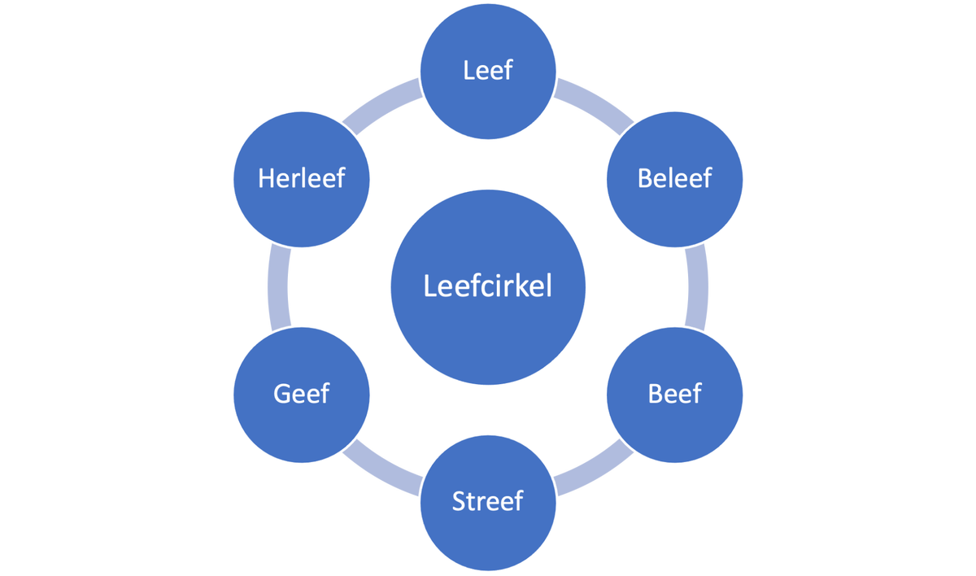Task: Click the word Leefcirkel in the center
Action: pyautogui.click(x=488, y=287)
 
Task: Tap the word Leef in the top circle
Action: pyautogui.click(x=488, y=70)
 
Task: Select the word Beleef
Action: pyautogui.click(x=675, y=178)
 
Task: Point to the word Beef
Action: pyautogui.click(x=675, y=394)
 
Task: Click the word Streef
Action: pyautogui.click(x=488, y=500)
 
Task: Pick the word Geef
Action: pyautogui.click(x=302, y=394)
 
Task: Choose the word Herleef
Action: pyautogui.click(x=302, y=178)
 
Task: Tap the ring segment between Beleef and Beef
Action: pyautogui.click(x=699, y=287)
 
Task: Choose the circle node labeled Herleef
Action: pyautogui.click(x=302, y=212)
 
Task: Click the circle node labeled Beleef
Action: pyautogui.click(x=675, y=212)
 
